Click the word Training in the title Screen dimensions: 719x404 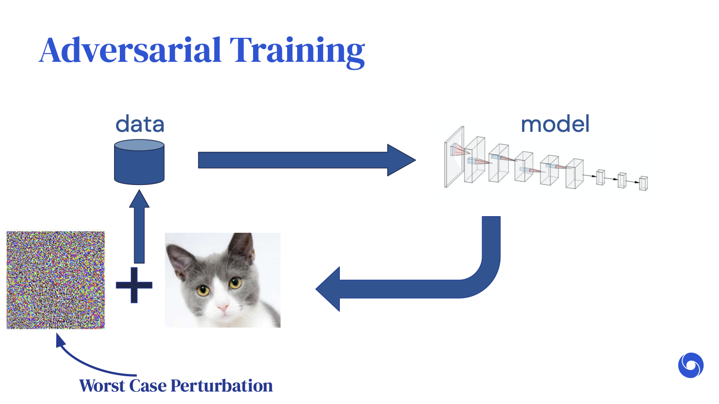[x=297, y=52]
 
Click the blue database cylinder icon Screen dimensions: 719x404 [x=139, y=162]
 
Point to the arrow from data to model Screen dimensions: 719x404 [x=307, y=160]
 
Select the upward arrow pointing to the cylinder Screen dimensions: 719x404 [x=139, y=226]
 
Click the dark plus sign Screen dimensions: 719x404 [x=134, y=285]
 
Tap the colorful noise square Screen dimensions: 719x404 [x=56, y=280]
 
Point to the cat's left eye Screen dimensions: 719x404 [x=203, y=290]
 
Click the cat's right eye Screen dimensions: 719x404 [x=235, y=283]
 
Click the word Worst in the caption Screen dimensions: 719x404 [x=102, y=386]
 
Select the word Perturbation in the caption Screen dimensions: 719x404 [x=221, y=386]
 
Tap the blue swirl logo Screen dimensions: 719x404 [x=691, y=366]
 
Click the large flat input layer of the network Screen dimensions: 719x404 [x=454, y=157]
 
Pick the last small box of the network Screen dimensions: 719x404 [x=643, y=183]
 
